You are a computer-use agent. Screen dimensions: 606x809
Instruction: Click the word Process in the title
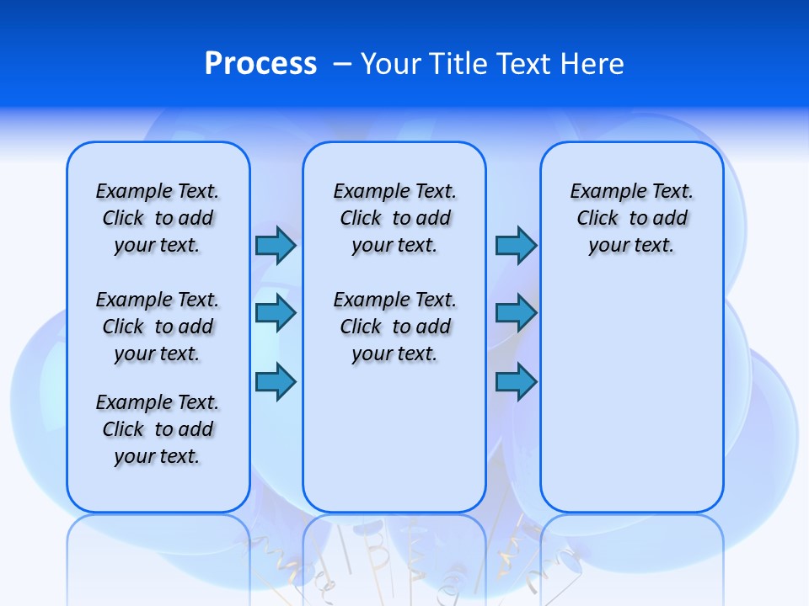tap(260, 64)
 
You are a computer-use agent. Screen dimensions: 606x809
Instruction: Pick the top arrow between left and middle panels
tap(276, 246)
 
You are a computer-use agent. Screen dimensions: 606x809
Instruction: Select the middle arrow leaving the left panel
tap(276, 313)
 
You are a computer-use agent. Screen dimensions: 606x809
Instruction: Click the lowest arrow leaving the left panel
tap(276, 382)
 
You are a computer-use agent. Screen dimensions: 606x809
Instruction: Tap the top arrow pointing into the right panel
tap(516, 246)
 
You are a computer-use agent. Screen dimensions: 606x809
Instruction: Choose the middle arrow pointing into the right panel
tap(516, 313)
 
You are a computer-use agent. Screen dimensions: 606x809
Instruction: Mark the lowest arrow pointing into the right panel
tap(516, 382)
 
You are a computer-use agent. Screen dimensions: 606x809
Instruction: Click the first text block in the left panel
tap(158, 218)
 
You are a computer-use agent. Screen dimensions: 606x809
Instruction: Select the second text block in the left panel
tap(158, 327)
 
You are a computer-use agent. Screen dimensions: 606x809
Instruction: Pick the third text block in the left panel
tap(158, 429)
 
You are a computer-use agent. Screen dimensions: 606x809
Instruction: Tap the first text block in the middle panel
tap(394, 218)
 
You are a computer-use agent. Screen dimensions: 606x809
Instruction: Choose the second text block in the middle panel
tap(394, 327)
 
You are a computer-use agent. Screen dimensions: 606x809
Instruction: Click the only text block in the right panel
tap(631, 218)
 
